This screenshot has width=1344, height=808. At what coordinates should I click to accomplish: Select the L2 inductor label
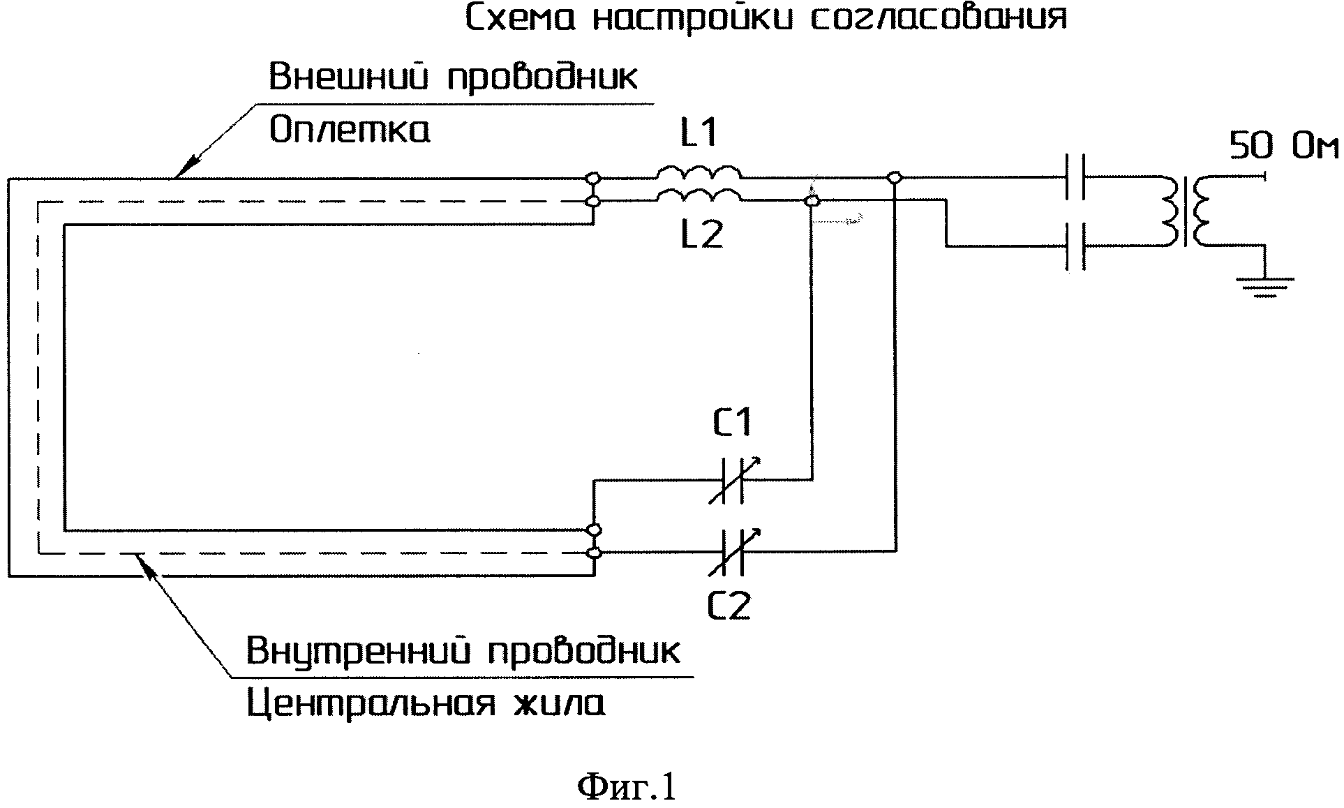point(701,237)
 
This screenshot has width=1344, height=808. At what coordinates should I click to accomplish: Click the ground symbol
point(1264,286)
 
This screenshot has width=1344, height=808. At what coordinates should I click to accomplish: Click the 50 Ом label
point(1283,148)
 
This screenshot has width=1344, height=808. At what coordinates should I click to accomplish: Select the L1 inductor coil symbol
point(698,173)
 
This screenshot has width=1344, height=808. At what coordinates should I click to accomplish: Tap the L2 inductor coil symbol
point(699,196)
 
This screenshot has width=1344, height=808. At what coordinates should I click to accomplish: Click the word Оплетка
point(350,130)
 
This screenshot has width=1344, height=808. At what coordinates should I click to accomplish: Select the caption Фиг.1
point(627,788)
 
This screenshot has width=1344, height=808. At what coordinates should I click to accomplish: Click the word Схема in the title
point(520,19)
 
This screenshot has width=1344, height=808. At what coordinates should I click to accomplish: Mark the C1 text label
point(731,424)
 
